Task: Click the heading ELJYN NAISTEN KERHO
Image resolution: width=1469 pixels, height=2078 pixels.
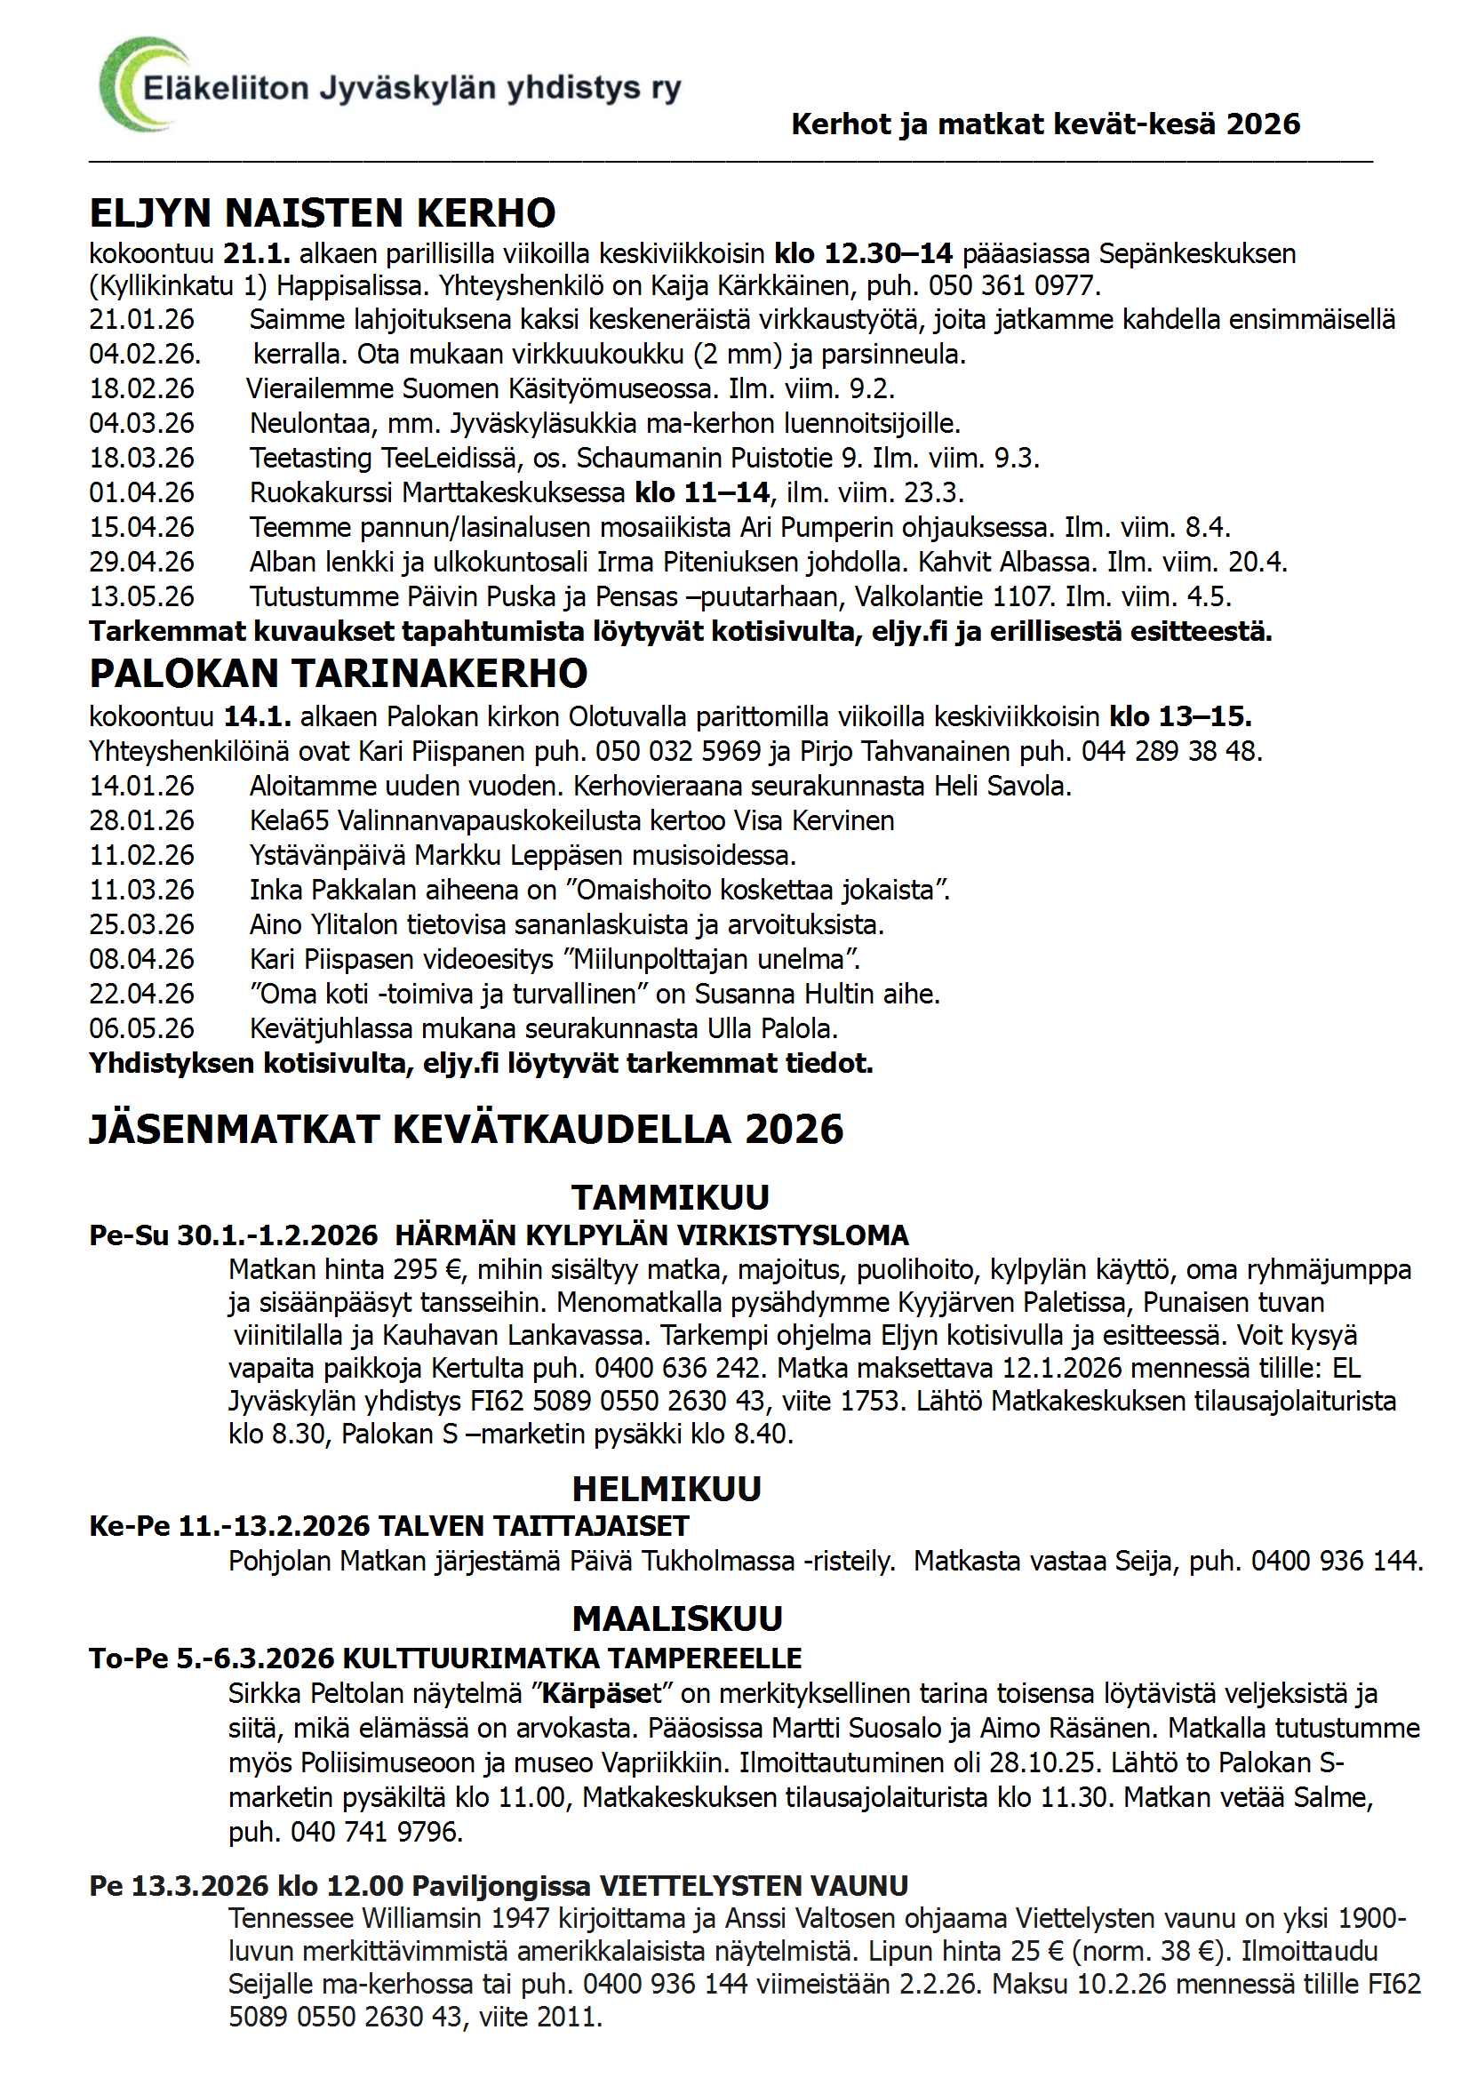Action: point(322,213)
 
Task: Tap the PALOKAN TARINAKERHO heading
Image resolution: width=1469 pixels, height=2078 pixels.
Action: point(338,674)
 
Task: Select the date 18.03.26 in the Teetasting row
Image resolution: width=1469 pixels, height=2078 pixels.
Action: point(141,458)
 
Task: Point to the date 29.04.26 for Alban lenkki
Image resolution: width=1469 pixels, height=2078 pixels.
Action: point(141,562)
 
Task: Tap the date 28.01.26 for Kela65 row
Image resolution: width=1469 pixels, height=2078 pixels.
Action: point(141,821)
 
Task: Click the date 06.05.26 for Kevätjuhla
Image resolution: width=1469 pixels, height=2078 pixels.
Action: point(141,1029)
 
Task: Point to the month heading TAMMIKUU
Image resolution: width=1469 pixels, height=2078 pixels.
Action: point(670,1197)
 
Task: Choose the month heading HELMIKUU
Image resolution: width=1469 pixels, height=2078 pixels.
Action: point(667,1489)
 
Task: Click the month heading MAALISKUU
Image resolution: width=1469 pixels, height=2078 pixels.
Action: point(677,1618)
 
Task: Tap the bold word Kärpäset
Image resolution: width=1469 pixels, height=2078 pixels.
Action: point(602,1693)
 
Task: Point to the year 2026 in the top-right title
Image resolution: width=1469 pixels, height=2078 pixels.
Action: point(1263,124)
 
